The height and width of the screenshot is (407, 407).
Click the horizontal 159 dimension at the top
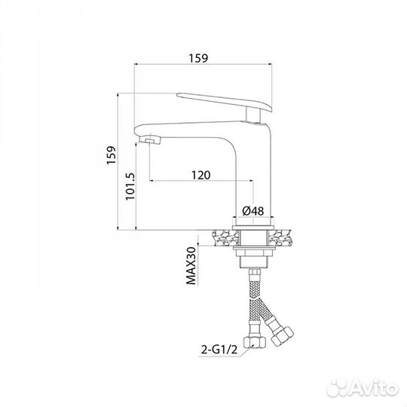[x=198, y=58]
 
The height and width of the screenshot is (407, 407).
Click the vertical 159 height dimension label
[x=111, y=155]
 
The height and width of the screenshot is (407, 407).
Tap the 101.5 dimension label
[x=130, y=186]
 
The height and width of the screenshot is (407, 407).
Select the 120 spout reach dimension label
[x=201, y=175]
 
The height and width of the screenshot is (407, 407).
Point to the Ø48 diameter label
[x=252, y=211]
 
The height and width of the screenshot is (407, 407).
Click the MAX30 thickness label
[x=191, y=266]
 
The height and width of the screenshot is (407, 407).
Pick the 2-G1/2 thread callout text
[x=219, y=350]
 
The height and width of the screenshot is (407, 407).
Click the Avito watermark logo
[x=363, y=389]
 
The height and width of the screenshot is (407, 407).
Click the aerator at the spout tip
[x=150, y=140]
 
